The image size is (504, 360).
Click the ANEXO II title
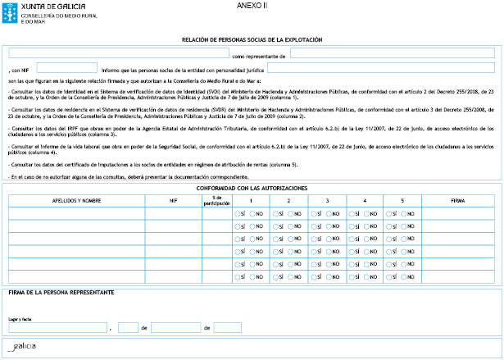[252, 6]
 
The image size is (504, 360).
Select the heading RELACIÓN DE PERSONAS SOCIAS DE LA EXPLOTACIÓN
[252, 39]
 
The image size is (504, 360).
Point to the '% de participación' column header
[216, 200]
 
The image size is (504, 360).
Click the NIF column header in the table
[173, 200]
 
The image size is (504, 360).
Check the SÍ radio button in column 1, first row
[238, 214]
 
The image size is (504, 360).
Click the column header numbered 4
[364, 200]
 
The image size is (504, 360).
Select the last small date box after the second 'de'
[227, 327]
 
